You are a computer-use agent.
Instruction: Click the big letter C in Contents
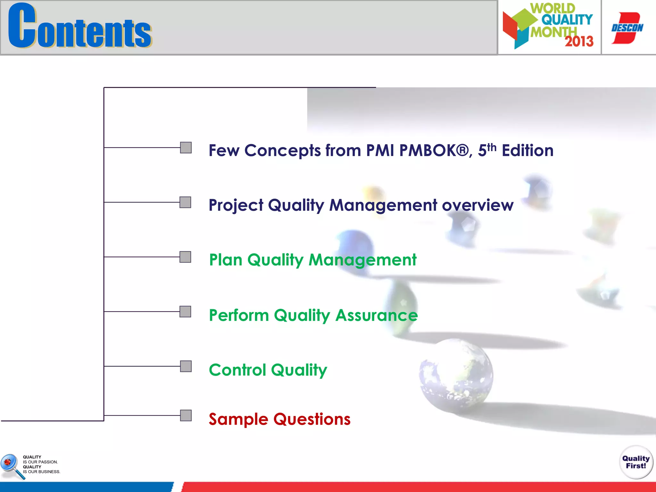(x=22, y=26)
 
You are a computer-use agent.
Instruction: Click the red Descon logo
(x=627, y=28)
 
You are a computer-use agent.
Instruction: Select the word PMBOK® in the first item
(x=434, y=151)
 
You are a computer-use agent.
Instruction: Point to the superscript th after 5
(x=491, y=148)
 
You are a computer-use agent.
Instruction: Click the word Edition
(x=527, y=151)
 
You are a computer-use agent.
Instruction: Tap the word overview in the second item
(x=477, y=205)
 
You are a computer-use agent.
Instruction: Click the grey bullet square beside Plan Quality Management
(x=185, y=257)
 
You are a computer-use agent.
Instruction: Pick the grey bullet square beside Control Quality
(x=186, y=366)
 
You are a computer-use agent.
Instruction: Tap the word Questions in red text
(x=312, y=419)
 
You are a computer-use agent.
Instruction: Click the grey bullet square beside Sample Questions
(x=186, y=415)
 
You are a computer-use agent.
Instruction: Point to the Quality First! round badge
(x=635, y=462)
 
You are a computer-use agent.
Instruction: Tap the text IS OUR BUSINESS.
(x=41, y=472)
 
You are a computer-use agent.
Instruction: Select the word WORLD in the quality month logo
(x=553, y=8)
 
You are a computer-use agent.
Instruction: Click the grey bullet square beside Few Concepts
(x=186, y=148)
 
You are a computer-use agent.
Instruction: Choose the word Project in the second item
(x=236, y=205)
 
